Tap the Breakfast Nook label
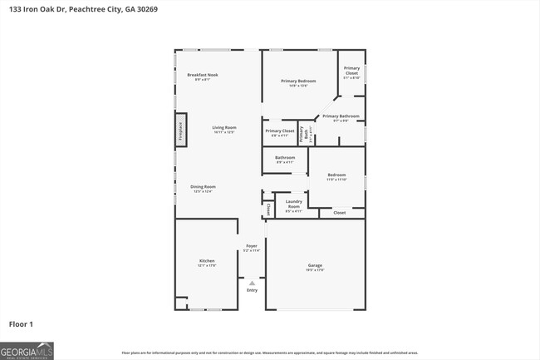click(203, 75)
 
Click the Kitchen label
click(206, 262)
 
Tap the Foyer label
click(252, 247)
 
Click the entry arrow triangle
click(252, 283)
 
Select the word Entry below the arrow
click(252, 290)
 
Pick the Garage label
click(315, 266)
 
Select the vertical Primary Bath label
click(305, 132)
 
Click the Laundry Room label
click(293, 203)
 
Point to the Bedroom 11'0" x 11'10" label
click(336, 175)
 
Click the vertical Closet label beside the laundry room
click(268, 208)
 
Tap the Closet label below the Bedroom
click(339, 214)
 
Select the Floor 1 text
click(21, 323)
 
